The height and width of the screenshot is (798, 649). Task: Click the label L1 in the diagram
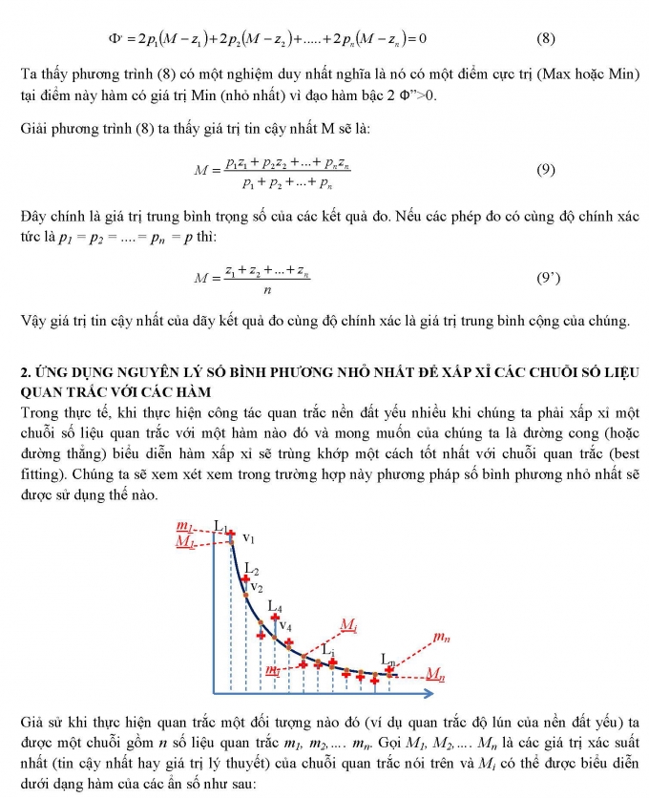(x=220, y=526)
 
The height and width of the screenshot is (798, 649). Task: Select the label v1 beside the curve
(x=248, y=538)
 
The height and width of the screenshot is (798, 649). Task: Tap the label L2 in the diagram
(x=252, y=570)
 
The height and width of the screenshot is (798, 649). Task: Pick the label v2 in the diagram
(x=257, y=588)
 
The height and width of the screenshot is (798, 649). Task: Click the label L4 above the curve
(x=275, y=606)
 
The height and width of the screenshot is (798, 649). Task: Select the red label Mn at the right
(x=436, y=674)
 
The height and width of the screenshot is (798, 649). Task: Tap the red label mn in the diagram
(x=441, y=636)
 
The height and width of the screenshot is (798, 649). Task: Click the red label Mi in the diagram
(x=348, y=624)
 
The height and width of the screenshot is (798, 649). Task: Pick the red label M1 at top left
(x=185, y=542)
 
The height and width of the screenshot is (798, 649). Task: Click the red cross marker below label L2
(x=246, y=579)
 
